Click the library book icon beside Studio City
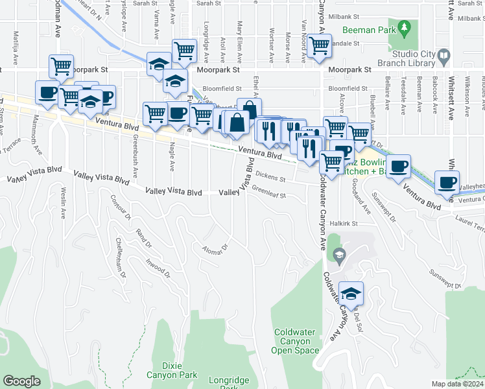pyautogui.click(x=444, y=57)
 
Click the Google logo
pyautogui.click(x=21, y=381)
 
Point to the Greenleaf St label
pyautogui.click(x=268, y=191)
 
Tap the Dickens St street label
pyautogui.click(x=270, y=176)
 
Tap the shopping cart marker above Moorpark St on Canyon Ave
pyautogui.click(x=319, y=46)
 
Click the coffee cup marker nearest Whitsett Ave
pyautogui.click(x=447, y=182)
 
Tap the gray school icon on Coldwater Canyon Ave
pyautogui.click(x=337, y=257)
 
